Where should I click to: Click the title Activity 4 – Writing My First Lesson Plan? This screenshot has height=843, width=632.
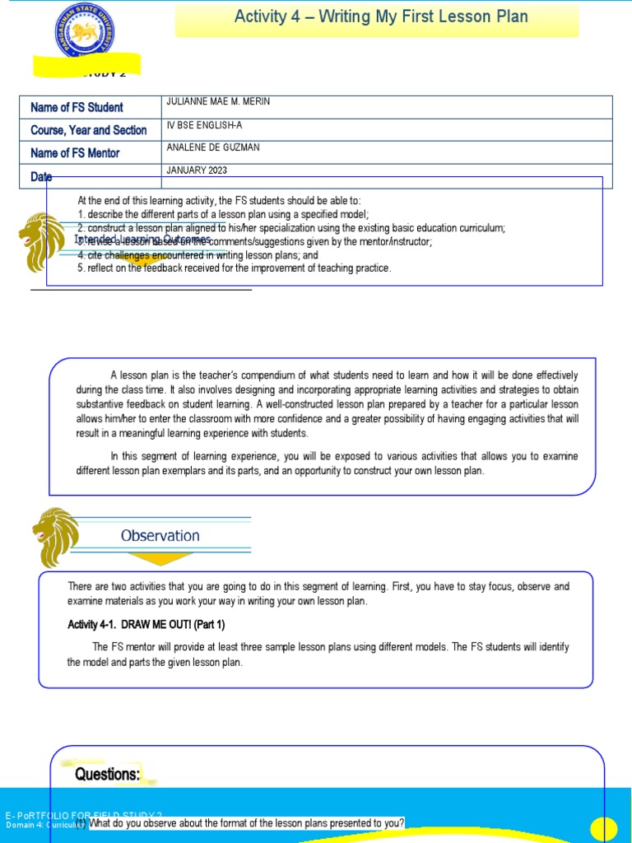click(381, 17)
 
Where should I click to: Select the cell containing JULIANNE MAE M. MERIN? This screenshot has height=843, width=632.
click(218, 101)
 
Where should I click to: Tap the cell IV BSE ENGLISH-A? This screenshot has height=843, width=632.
click(204, 124)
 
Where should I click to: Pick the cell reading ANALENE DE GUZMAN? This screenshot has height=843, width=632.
click(212, 147)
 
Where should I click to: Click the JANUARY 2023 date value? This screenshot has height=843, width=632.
click(197, 170)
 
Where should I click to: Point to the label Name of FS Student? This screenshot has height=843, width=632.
click(77, 107)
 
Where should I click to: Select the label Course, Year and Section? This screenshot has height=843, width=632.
click(88, 130)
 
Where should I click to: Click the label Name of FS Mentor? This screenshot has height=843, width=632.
click(75, 153)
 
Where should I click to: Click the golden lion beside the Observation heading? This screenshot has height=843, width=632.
click(56, 537)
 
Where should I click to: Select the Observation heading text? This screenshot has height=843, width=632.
click(160, 536)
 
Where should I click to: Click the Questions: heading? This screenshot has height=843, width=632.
click(108, 774)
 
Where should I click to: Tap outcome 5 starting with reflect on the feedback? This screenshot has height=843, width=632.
click(235, 268)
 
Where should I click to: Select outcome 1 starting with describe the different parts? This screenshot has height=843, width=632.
click(223, 213)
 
